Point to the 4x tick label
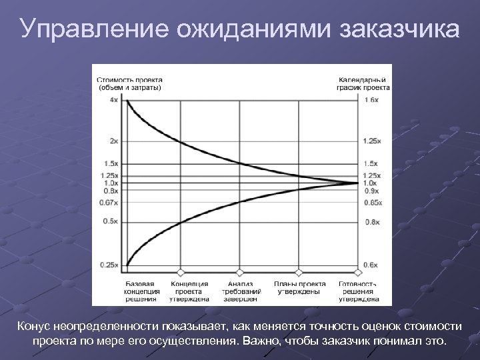tap(115, 100)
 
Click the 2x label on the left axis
tap(115, 141)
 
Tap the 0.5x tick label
tap(113, 221)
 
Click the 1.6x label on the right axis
tap(372, 100)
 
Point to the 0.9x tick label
tap(371, 192)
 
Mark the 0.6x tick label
tap(371, 265)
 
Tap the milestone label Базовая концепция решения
tap(141, 291)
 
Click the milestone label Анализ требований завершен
tap(241, 291)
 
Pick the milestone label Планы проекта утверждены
tap(297, 287)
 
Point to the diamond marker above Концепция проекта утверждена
tap(179, 273)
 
